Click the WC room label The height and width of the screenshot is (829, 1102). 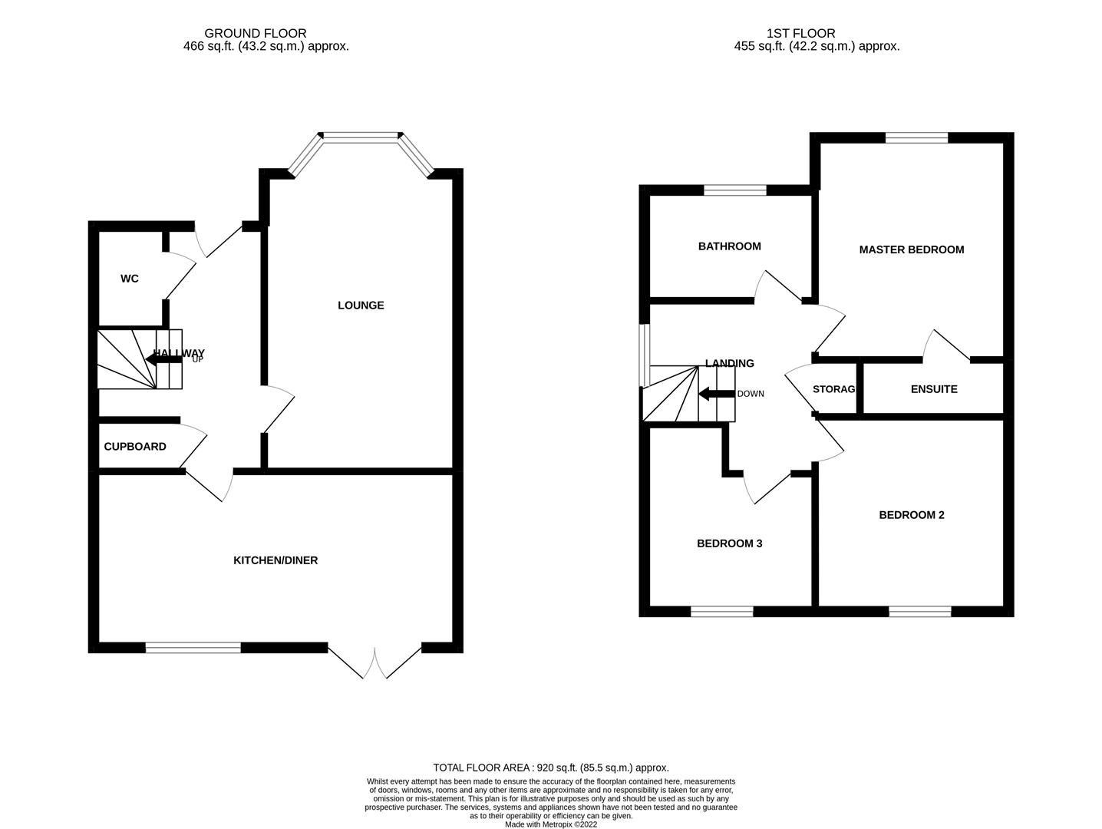click(x=129, y=279)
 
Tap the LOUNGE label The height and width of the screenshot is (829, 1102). click(x=361, y=306)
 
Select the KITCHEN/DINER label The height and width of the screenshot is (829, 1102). click(x=275, y=560)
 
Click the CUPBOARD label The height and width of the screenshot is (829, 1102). click(x=135, y=447)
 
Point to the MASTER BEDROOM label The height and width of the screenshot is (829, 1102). click(x=911, y=249)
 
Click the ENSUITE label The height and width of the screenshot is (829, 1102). click(x=933, y=389)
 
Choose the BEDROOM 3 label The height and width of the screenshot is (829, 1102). click(x=729, y=543)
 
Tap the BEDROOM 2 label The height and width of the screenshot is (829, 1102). click(x=911, y=515)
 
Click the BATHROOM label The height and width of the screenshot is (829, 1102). click(x=729, y=246)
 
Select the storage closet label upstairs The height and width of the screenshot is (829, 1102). click(x=833, y=389)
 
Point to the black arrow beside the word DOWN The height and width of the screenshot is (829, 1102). click(x=715, y=394)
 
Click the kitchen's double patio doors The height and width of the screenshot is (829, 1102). click(x=374, y=663)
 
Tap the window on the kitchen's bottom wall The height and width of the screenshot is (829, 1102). click(x=193, y=648)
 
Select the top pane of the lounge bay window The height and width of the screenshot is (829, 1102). click(x=361, y=137)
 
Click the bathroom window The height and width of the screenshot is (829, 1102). click(x=735, y=190)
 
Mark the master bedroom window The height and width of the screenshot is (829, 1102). click(x=916, y=138)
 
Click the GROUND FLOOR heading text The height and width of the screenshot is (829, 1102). click(x=255, y=33)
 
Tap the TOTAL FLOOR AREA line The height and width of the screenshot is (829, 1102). click(x=550, y=768)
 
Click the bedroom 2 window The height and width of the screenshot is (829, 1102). click(x=920, y=612)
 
